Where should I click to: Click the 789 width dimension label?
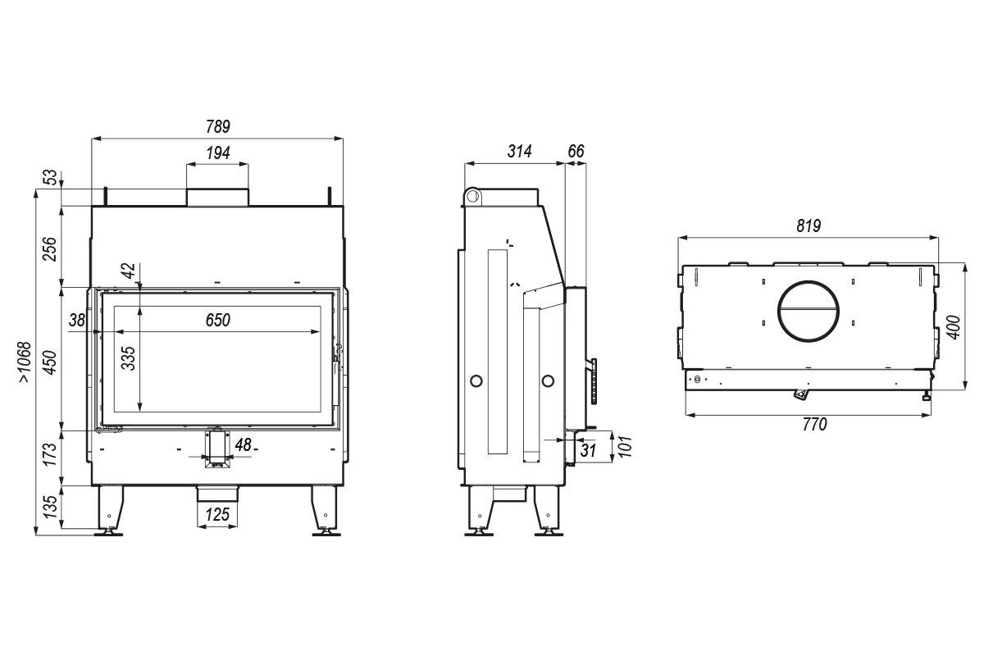click(218, 126)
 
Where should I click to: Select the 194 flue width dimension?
click(218, 153)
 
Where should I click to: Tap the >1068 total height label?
click(25, 362)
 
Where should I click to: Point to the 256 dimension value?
click(50, 248)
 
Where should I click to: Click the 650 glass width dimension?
click(218, 320)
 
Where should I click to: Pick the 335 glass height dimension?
click(128, 358)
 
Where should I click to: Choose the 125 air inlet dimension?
click(217, 514)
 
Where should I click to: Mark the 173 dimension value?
click(50, 454)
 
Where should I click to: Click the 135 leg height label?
click(50, 507)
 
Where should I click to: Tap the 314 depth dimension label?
click(520, 151)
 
